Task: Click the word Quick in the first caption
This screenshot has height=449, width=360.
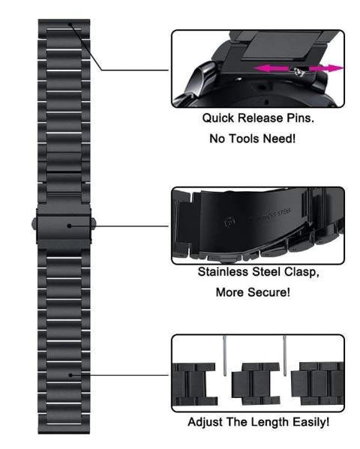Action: coord(217,118)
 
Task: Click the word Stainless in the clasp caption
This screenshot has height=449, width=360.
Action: coord(226,274)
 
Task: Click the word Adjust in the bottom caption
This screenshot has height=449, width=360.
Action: coord(204,423)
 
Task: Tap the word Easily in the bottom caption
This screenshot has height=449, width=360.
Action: coord(305,423)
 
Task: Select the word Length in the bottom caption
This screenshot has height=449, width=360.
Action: coord(261,423)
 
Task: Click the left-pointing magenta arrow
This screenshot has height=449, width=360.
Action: coord(270,68)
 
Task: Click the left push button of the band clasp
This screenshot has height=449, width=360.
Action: coord(37,223)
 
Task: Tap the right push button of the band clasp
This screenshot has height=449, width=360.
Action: coord(99,223)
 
